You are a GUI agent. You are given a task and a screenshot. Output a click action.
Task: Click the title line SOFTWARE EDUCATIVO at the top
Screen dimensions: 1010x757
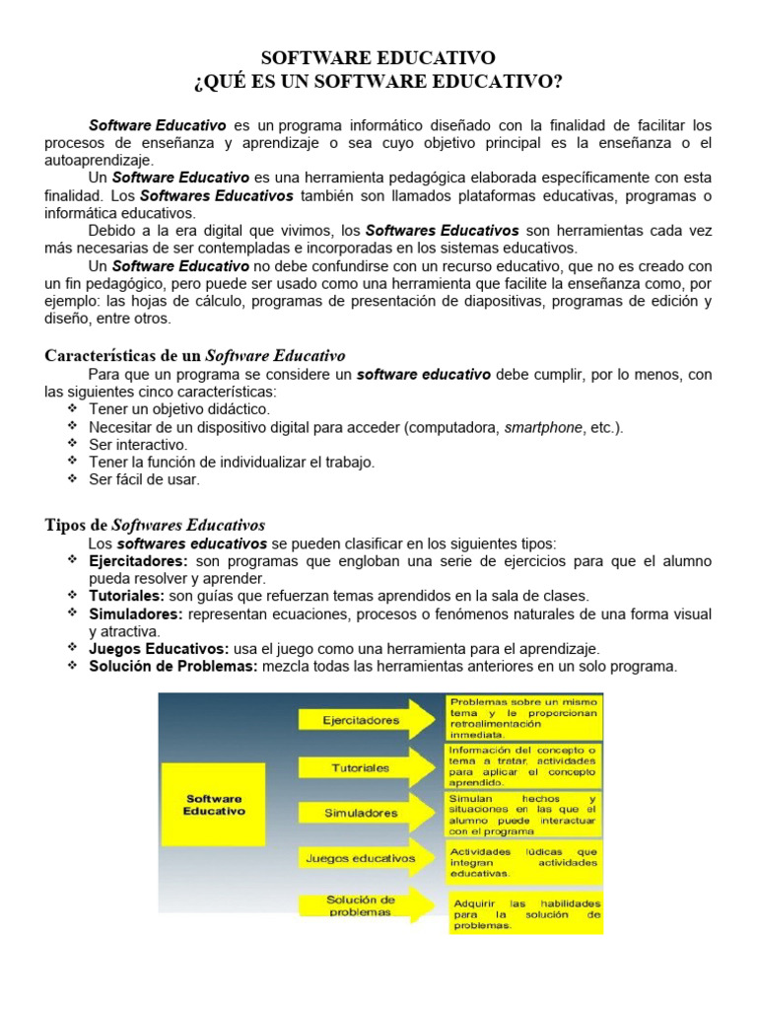[378, 58]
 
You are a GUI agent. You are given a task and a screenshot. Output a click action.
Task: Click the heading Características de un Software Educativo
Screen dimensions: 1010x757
[195, 355]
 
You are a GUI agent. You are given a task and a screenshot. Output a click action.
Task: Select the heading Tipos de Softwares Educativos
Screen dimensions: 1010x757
[155, 525]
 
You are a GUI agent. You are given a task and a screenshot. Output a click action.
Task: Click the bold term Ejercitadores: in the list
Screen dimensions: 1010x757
[138, 561]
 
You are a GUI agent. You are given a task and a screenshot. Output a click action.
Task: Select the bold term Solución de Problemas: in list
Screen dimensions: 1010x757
[173, 667]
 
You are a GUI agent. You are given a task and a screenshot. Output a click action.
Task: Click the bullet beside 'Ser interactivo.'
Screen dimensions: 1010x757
[73, 444]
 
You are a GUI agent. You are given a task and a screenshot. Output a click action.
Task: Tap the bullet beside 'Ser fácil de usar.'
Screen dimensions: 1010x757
[73, 478]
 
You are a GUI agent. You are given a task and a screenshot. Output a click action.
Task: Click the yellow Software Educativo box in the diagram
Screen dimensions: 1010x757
[215, 805]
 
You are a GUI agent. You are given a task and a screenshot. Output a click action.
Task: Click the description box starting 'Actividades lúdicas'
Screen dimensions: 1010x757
[523, 861]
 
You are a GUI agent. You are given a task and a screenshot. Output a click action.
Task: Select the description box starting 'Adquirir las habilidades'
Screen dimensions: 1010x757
[526, 914]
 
